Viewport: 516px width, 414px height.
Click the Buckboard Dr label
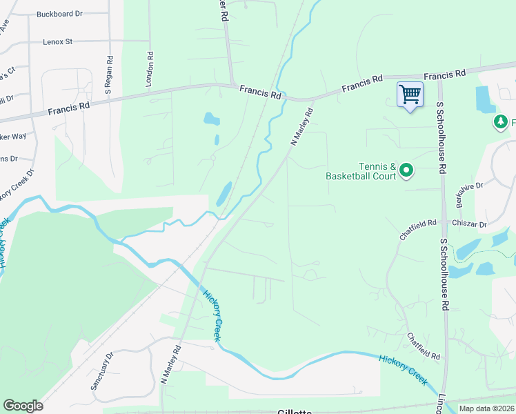tap(59, 13)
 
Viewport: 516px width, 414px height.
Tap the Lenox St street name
tap(57, 42)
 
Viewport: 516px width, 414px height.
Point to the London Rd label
tap(148, 68)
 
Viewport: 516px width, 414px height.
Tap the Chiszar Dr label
tap(469, 224)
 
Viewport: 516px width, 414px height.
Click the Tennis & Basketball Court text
tap(361, 170)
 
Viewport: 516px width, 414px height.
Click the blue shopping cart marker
tap(410, 95)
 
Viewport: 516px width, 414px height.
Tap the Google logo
tap(23, 406)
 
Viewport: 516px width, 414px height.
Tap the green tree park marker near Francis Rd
tap(499, 123)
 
